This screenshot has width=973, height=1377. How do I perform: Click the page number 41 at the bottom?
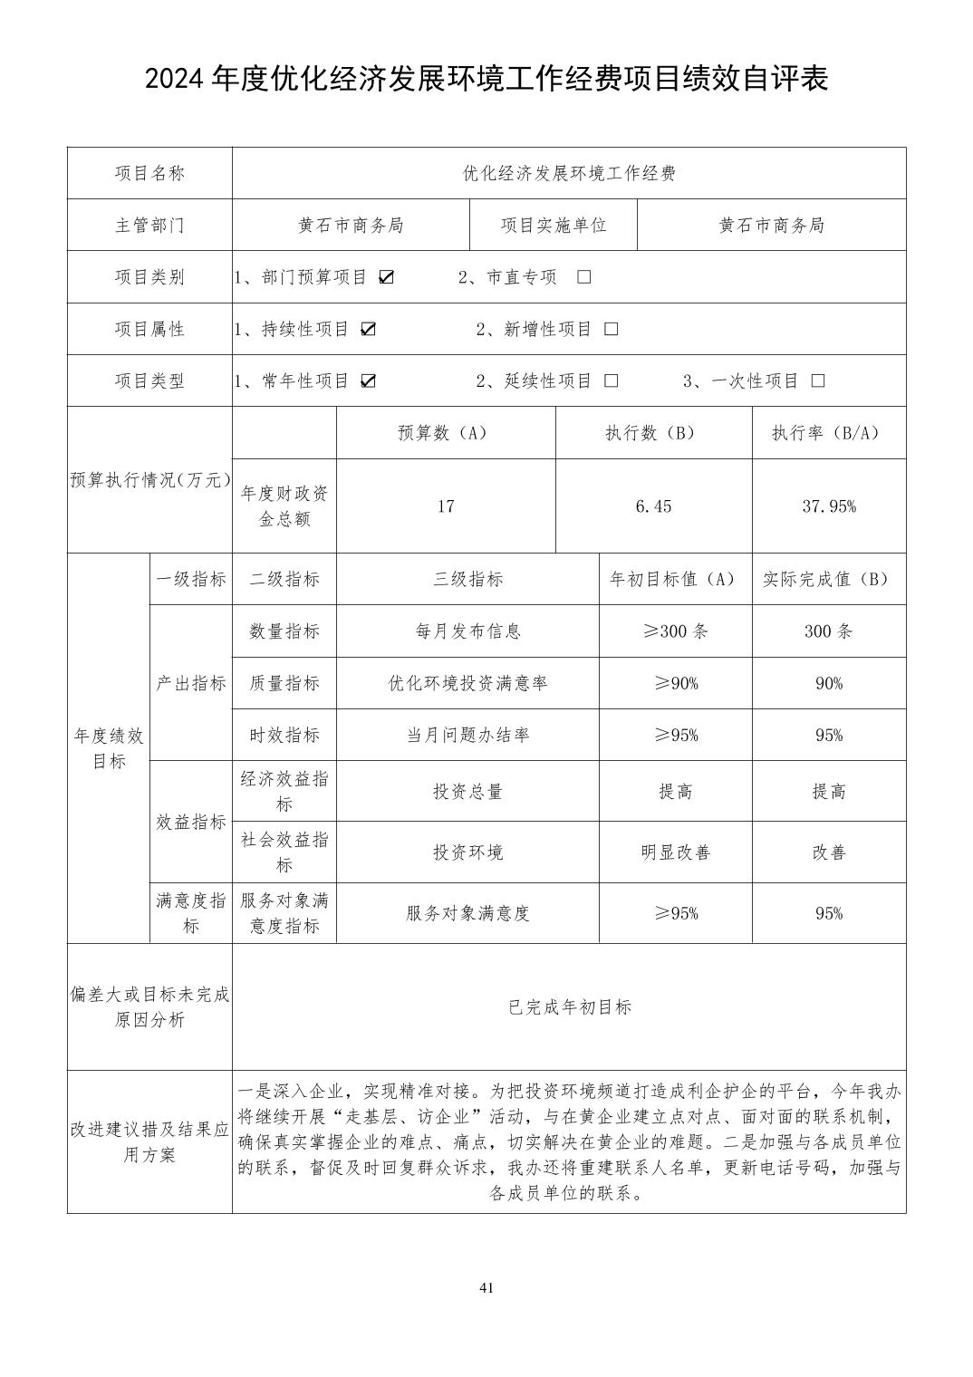pos(486,1288)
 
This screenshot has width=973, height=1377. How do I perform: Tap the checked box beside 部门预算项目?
pos(387,277)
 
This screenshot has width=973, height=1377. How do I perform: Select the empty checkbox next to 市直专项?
pos(584,277)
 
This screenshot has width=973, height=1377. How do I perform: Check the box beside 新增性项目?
pos(612,329)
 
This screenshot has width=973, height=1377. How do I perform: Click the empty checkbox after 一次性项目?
pos(818,381)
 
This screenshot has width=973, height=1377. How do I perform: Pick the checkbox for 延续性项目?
pos(612,381)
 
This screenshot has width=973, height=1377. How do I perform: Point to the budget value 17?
pos(446,506)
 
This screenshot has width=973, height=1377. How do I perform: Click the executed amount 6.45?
pos(653,506)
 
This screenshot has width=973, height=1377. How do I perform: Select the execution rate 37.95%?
pos(829,506)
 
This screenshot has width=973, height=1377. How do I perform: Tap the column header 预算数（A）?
pos(446,433)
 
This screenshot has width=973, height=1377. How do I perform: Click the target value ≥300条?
pos(675,631)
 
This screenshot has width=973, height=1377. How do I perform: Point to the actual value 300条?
pos(829,631)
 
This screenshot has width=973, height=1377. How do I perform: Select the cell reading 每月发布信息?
pos(467,631)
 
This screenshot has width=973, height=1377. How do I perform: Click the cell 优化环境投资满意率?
pos(467,683)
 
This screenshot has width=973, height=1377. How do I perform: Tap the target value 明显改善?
pos(675,852)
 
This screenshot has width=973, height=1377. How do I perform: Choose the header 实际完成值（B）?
pos(829,579)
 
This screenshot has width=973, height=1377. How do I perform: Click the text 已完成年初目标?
pos(570,1007)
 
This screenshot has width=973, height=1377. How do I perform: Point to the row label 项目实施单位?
pos(554,226)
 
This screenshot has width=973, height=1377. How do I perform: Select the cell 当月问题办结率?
pos(467,735)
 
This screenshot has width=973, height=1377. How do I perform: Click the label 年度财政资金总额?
pos(284,506)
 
